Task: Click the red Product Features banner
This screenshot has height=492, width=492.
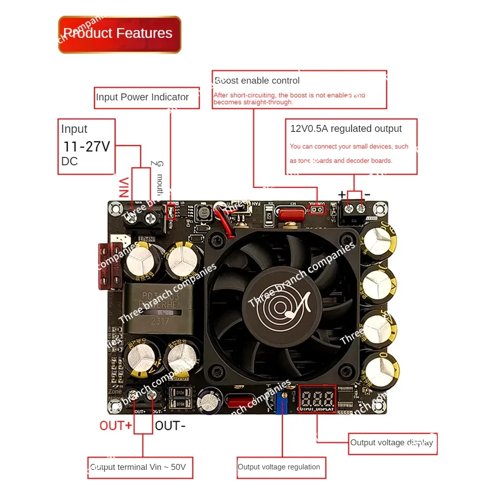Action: [x=120, y=34]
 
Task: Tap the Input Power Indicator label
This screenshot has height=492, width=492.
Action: [x=143, y=97]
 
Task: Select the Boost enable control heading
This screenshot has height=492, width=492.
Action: [x=257, y=81]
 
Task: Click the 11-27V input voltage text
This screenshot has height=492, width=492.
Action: [x=87, y=147]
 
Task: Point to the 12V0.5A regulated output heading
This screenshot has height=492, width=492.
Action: [x=346, y=129]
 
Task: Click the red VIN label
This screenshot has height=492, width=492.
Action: [x=125, y=187]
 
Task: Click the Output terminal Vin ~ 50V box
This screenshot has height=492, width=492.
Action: [x=140, y=467]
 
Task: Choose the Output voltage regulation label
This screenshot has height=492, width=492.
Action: [x=279, y=467]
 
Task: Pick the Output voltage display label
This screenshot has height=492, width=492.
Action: [x=392, y=443]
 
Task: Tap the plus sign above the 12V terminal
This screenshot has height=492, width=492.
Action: [x=342, y=194]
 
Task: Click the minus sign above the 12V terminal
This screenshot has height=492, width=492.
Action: [x=367, y=195]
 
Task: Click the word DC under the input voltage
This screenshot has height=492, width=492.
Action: [x=69, y=162]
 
